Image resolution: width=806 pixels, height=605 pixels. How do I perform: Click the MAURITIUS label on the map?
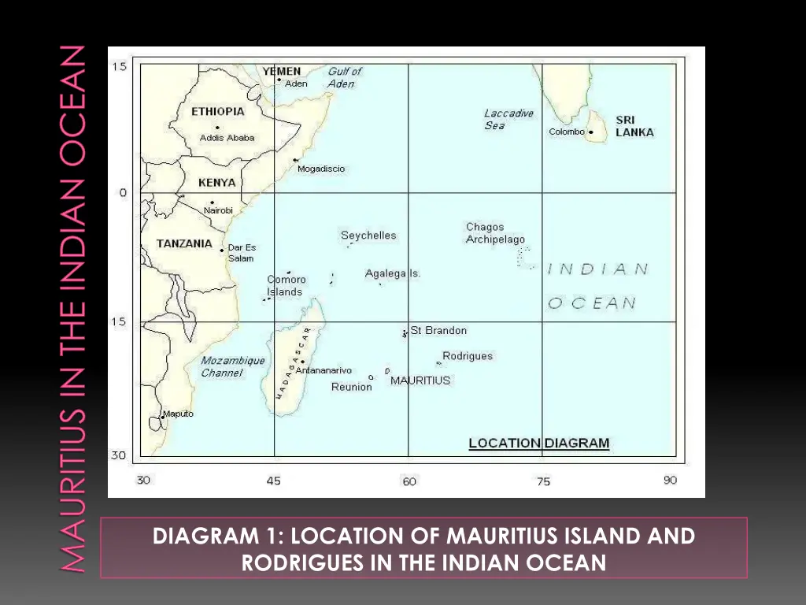pos(420,380)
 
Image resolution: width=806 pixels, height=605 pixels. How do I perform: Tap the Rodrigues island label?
pos(468,356)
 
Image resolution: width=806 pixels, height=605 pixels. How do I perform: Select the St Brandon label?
pos(438,331)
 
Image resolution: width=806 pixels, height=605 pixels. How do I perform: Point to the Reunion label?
pos(351,387)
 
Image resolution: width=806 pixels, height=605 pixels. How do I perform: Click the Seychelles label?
pos(368,236)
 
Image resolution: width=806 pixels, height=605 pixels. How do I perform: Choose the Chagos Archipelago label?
pos(495,233)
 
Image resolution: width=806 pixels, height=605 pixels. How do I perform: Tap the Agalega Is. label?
pos(393,274)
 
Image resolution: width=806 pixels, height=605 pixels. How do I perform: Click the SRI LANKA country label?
pos(634,126)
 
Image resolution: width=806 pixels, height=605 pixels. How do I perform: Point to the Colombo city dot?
pos(590,132)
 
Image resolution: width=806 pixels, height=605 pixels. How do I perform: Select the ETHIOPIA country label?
pos(218,112)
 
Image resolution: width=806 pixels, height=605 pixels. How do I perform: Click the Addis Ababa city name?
pos(227,138)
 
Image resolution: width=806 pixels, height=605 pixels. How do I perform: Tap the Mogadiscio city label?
pos(321,169)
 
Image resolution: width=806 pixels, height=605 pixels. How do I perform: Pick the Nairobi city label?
pos(218,210)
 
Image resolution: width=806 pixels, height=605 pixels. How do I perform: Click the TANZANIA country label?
pos(184,243)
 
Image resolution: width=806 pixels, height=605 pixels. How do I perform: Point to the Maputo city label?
pos(178,414)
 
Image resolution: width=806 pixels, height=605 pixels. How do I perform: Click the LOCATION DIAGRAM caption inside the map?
pos(538,443)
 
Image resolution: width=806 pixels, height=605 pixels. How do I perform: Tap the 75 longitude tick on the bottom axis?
pos(543,481)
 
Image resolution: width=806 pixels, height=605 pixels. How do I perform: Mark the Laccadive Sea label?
pos(508,119)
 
